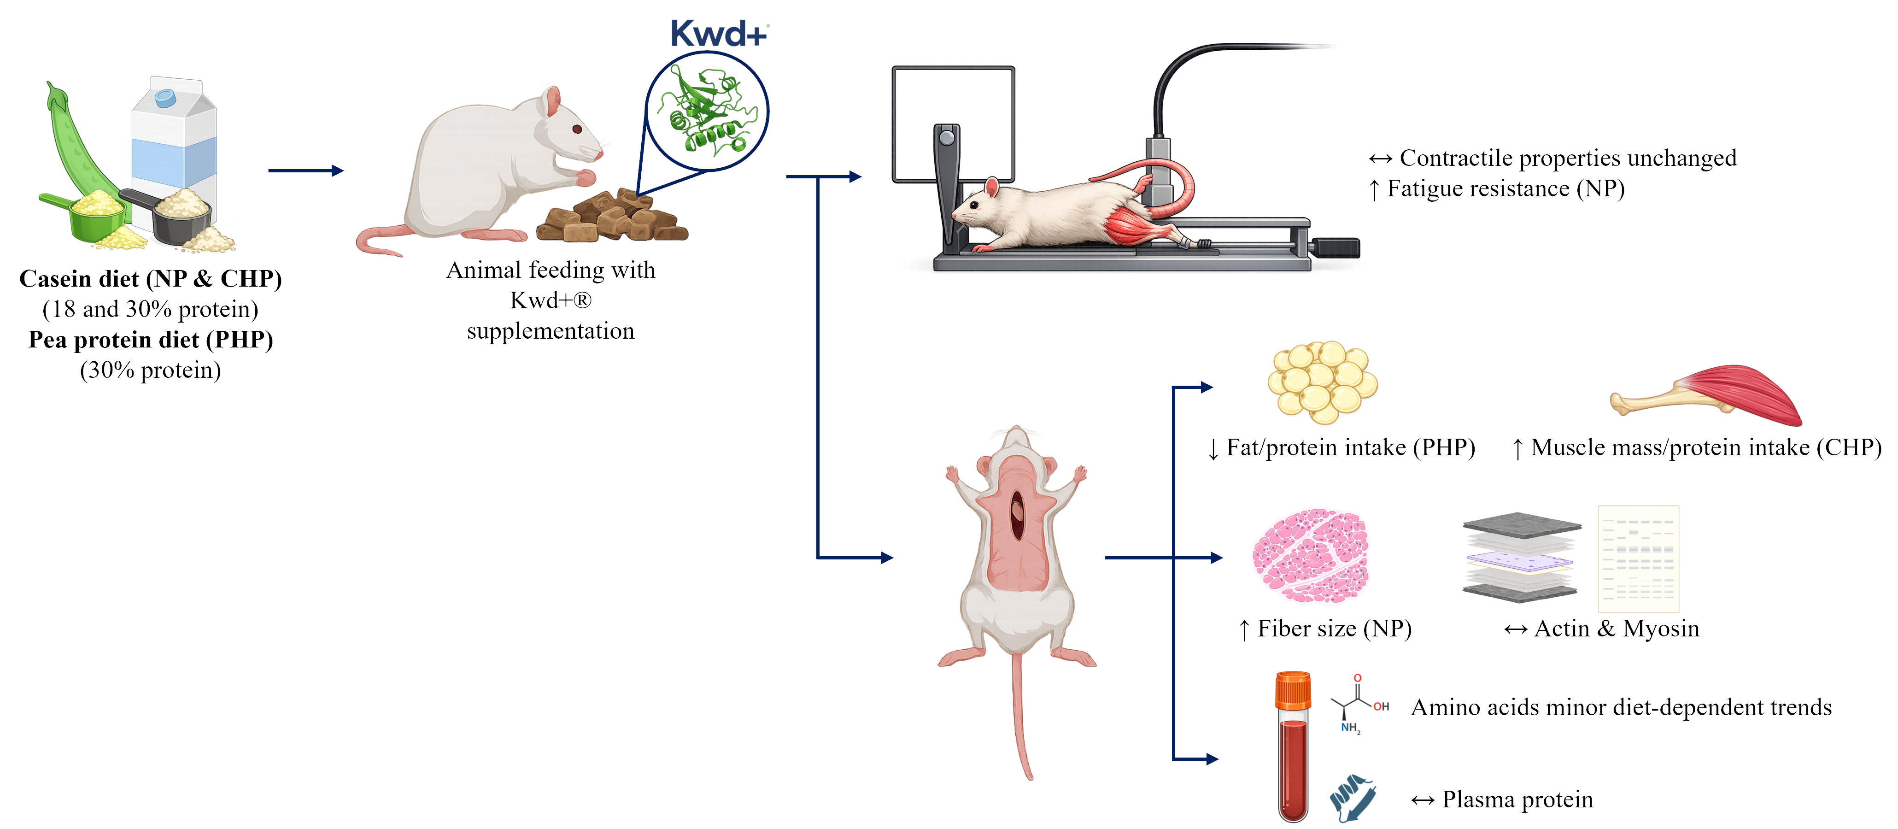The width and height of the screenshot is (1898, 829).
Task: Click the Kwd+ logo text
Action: (718, 34)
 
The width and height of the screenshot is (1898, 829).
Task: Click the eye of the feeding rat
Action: (577, 129)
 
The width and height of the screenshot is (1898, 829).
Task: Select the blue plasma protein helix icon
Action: (1353, 798)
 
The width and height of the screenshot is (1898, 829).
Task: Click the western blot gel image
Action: (1638, 559)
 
